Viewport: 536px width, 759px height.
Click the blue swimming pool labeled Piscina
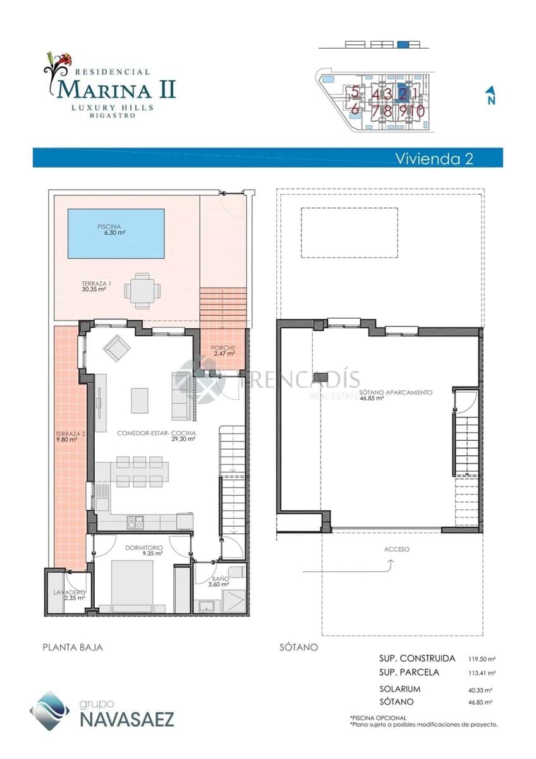(116, 233)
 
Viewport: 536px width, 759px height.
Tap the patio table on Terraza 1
(142, 291)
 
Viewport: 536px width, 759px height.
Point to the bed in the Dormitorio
(132, 585)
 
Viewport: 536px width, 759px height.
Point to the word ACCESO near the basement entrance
(396, 549)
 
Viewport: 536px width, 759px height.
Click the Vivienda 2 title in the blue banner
(434, 158)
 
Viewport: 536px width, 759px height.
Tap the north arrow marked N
(490, 96)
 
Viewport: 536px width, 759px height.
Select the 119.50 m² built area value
(482, 659)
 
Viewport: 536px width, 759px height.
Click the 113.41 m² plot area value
(482, 673)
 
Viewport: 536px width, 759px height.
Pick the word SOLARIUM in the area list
(399, 689)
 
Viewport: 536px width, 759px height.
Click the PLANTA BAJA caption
(72, 647)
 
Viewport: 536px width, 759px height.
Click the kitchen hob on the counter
(135, 522)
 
